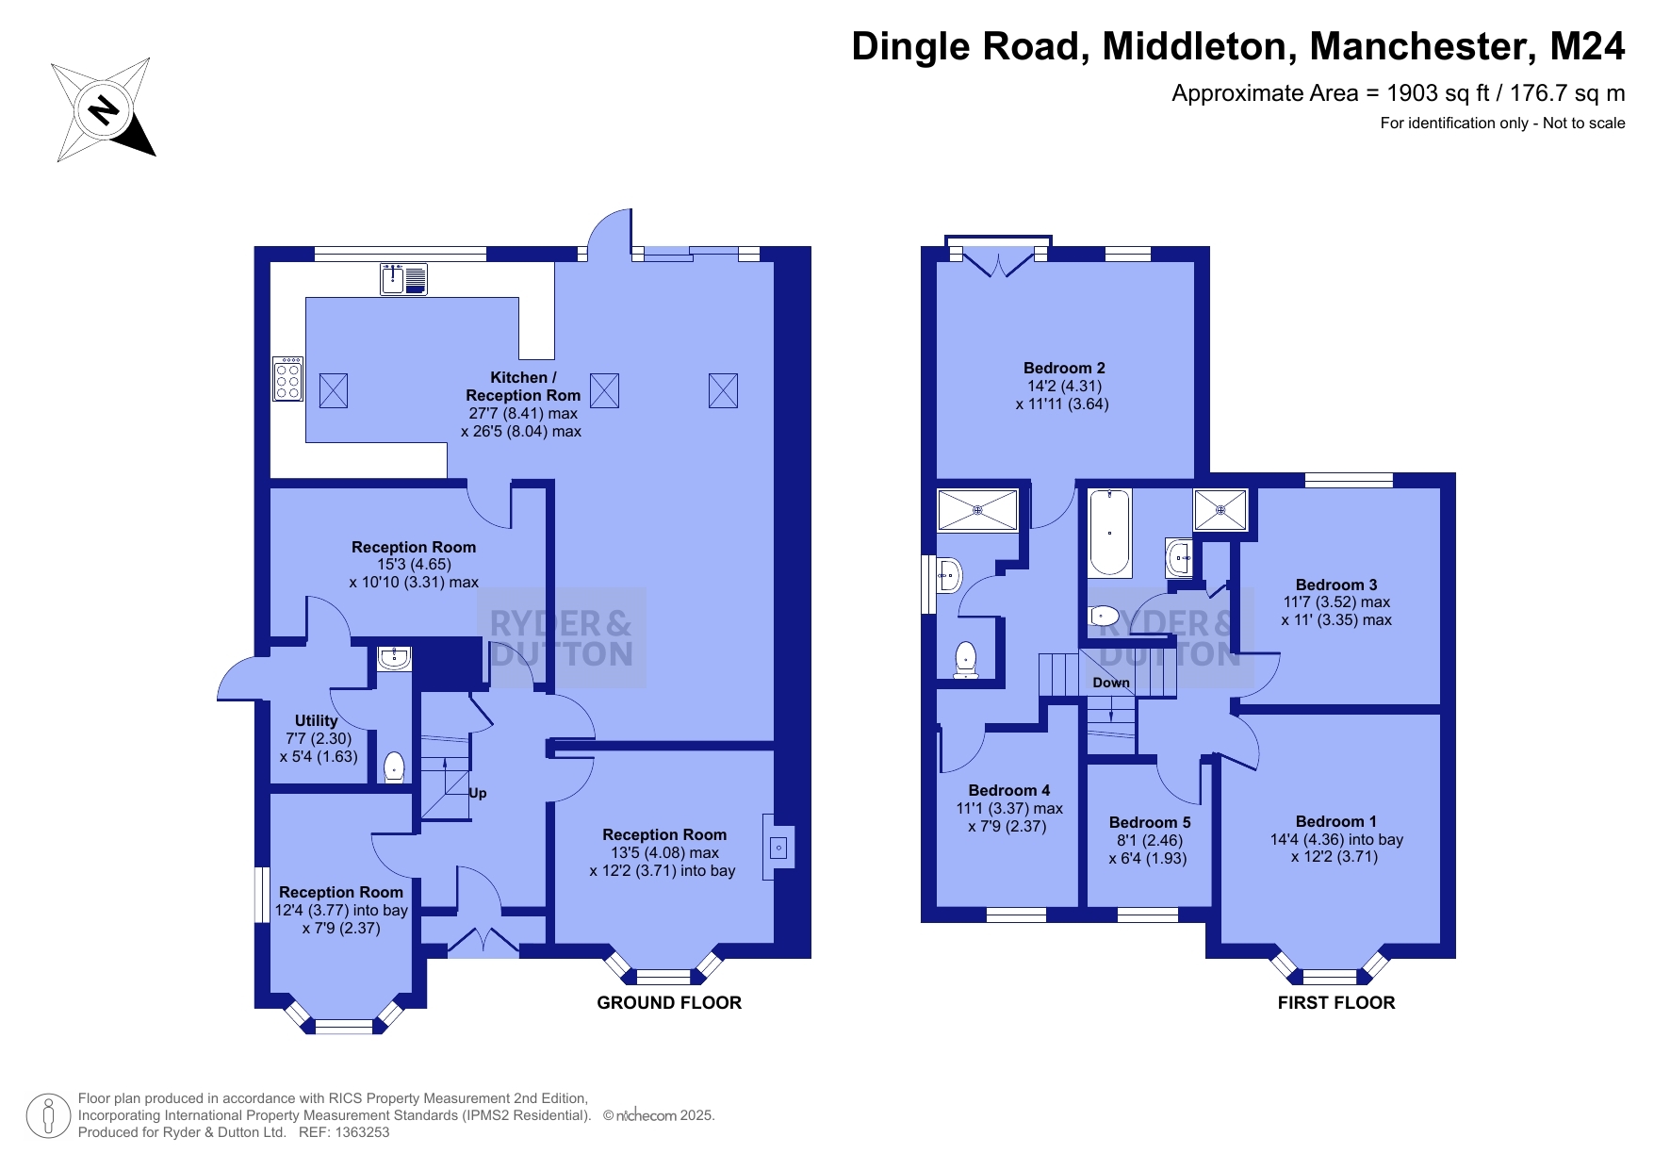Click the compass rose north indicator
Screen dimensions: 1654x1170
104,110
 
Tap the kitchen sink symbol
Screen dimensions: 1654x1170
403,279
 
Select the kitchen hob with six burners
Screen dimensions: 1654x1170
287,378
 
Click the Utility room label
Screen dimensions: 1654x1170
316,720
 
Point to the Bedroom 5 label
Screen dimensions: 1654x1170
1150,822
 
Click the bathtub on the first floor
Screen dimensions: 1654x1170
1110,533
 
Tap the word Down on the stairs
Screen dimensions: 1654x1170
1111,683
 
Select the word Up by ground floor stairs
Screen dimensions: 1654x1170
478,793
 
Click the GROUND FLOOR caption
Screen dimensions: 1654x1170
669,1002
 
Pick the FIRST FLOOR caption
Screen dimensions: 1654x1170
1336,1002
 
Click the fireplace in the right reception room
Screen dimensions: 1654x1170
778,848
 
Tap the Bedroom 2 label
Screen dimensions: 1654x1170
1064,368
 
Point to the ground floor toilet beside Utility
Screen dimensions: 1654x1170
394,767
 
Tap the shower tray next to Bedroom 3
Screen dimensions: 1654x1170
1220,510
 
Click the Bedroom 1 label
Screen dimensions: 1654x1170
1335,821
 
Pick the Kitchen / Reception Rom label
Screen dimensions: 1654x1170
523,386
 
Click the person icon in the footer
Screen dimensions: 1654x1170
48,1116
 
